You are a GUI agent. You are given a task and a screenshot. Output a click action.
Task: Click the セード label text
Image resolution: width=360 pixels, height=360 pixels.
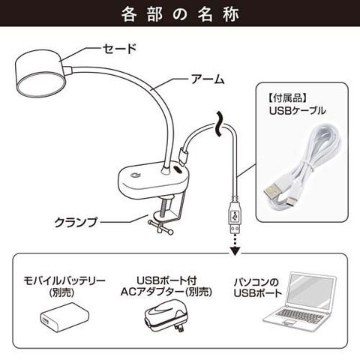(120, 49)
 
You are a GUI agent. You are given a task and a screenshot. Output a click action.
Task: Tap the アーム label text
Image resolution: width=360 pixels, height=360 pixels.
(208, 79)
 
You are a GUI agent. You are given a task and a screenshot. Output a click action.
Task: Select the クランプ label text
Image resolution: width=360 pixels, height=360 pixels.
(76, 222)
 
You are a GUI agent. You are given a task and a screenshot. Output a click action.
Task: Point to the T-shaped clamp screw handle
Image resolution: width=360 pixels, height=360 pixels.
(160, 227)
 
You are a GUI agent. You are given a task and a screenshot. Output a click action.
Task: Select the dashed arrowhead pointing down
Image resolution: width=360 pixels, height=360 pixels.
(235, 250)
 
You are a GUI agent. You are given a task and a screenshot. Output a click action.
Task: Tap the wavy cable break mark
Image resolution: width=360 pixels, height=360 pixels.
(218, 124)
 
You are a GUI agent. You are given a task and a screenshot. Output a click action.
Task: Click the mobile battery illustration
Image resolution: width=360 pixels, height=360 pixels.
(64, 317)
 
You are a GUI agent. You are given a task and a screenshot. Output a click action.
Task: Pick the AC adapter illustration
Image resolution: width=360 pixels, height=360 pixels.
(166, 316)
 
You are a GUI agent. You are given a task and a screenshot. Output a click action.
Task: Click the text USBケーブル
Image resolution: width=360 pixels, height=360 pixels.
(298, 110)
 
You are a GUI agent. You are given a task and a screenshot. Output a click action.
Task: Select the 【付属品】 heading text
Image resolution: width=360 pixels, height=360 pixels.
(287, 98)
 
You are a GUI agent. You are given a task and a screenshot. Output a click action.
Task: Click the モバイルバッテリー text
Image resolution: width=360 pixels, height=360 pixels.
(64, 281)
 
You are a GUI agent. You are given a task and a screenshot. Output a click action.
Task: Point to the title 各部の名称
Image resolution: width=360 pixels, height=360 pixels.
(180, 14)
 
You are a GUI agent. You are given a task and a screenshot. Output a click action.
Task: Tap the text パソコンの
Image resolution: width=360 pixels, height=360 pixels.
(256, 282)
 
